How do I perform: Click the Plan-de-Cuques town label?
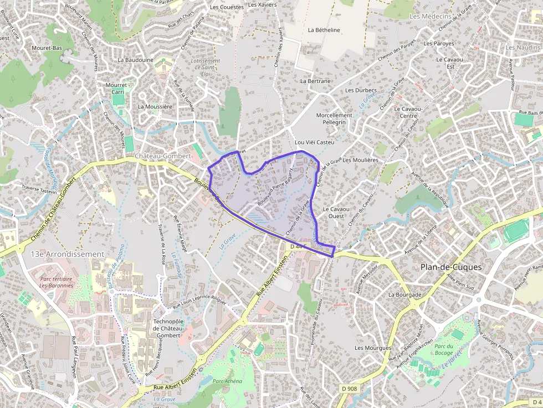pos(450,267)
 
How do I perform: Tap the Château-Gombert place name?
pos(162,157)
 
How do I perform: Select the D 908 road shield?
pos(349,389)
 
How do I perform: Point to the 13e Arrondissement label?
pos(68,254)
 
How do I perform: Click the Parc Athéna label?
pos(227,381)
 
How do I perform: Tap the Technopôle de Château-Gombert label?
pos(167,328)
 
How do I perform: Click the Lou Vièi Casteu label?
pos(315,142)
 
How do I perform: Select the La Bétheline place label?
pos(324,30)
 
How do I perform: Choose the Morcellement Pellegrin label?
pos(334,118)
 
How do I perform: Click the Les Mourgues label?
pos(373,348)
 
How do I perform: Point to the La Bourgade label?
pos(405,295)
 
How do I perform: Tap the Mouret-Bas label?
pos(47,48)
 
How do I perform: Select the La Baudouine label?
pos(135,59)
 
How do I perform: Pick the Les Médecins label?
pos(430,17)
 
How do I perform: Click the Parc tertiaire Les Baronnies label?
pos(56,282)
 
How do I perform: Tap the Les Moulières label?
pos(360,160)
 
